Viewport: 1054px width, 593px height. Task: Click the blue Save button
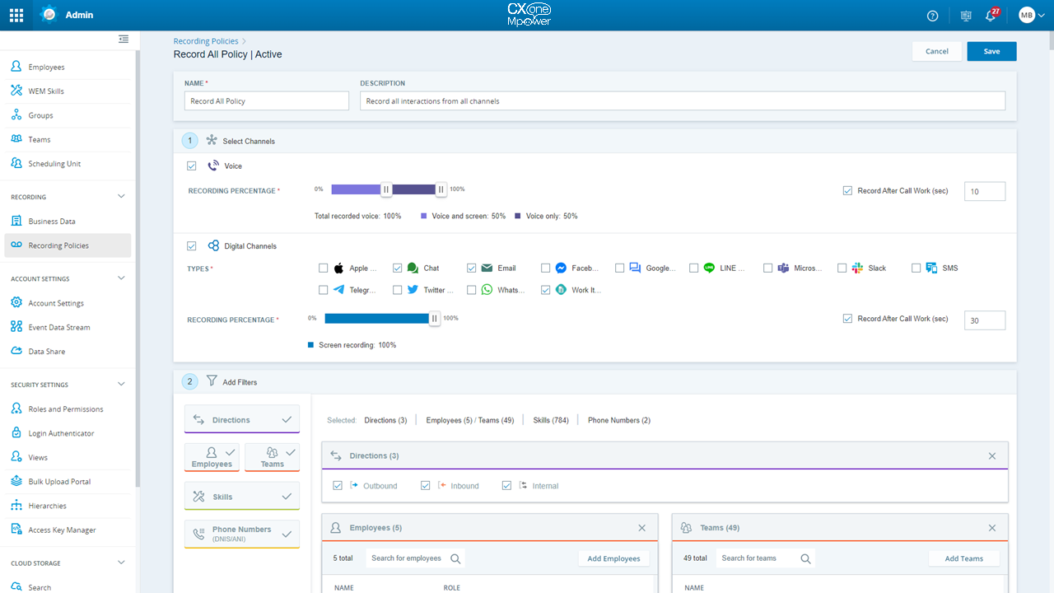pos(991,51)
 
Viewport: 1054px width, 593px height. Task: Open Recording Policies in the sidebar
pos(58,245)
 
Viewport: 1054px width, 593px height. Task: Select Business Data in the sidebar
pos(52,222)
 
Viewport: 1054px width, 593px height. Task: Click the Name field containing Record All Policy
pos(267,100)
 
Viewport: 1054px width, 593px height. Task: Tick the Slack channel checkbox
pos(842,268)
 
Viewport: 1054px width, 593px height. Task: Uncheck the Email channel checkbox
pos(472,268)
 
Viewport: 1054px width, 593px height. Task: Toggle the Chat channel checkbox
pos(398,268)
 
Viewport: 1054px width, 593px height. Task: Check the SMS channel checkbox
pos(916,268)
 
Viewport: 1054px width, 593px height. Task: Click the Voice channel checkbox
pos(192,166)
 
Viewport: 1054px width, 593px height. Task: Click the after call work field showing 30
pos(984,320)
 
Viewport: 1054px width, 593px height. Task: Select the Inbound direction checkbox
pos(426,486)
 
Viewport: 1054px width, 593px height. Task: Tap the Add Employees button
pos(613,558)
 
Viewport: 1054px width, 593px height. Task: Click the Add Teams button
pos(963,558)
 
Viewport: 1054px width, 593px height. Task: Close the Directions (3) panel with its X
pos(992,456)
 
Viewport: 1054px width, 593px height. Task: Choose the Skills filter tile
pos(242,497)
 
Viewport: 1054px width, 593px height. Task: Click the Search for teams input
pos(758,558)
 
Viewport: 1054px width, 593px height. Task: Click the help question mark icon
pos(933,16)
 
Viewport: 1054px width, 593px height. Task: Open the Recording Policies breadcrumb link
pos(206,41)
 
